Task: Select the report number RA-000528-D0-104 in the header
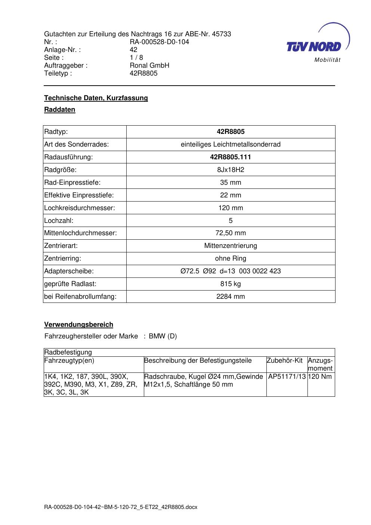coord(159,42)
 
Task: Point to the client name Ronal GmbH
coord(149,65)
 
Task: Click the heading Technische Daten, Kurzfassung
coord(96,98)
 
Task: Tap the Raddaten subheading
coord(60,110)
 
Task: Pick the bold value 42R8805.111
coord(231,157)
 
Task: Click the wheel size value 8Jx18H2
coord(231,170)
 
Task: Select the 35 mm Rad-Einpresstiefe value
coord(231,182)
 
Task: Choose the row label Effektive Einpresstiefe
coord(79,195)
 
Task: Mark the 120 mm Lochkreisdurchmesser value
coord(231,208)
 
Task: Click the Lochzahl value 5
coord(231,221)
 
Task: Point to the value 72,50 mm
coord(231,233)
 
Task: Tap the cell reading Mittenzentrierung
coord(231,246)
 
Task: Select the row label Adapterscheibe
coord(69,271)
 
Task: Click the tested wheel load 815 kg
coord(231,284)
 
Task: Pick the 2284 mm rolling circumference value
coord(231,297)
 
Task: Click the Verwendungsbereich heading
coord(79,325)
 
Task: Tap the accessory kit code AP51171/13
coord(287,377)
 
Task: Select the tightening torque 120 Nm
coord(321,377)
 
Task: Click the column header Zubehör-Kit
coord(285,361)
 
